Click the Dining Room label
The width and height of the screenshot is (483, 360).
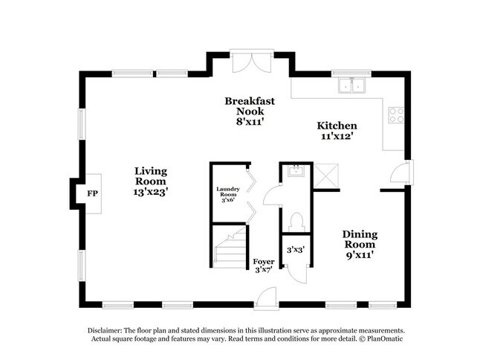359,239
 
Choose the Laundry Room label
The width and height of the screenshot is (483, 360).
227,194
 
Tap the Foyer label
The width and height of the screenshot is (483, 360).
264,262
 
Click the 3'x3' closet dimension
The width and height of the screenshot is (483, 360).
295,251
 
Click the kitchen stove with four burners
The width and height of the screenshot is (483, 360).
396,115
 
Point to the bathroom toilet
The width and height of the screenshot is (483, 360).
296,220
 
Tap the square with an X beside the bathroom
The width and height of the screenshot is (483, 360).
326,177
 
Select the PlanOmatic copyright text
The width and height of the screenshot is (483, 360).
386,340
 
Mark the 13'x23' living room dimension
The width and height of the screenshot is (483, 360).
150,192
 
